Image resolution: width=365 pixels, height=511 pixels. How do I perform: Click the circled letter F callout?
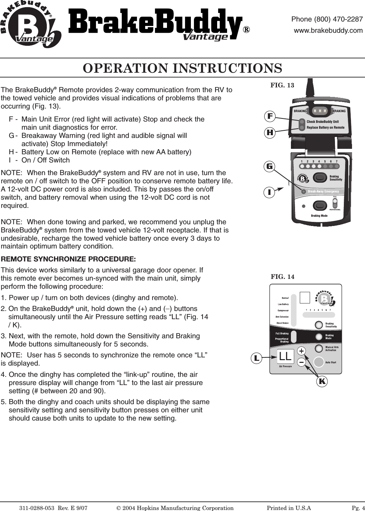point(270,116)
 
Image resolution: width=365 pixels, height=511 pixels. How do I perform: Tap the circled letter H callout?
point(270,132)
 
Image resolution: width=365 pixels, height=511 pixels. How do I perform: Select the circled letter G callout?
point(270,166)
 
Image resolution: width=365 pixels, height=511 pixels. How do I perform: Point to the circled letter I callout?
point(269,193)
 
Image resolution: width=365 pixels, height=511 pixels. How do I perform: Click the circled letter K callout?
point(322,381)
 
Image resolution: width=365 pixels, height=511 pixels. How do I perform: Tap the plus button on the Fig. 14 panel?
point(301,351)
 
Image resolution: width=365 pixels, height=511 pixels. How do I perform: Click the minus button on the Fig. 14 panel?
point(301,362)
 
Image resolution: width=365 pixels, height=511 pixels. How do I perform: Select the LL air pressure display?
point(285,356)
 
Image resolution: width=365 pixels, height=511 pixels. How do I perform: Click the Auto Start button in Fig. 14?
point(319,362)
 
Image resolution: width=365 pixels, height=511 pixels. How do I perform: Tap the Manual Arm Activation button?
point(319,349)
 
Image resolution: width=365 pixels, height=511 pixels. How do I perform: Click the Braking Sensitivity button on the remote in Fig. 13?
point(320,178)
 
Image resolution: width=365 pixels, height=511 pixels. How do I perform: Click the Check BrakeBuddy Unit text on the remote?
point(323,122)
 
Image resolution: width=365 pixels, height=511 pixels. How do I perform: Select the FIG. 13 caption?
point(282,85)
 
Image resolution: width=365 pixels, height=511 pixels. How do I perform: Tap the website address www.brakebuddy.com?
point(328,30)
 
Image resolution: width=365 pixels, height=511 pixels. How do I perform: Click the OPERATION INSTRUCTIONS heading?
point(182,68)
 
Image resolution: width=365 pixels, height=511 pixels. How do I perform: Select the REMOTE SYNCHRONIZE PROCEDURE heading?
point(68,259)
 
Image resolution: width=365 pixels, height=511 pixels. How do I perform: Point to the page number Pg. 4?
point(358,508)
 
